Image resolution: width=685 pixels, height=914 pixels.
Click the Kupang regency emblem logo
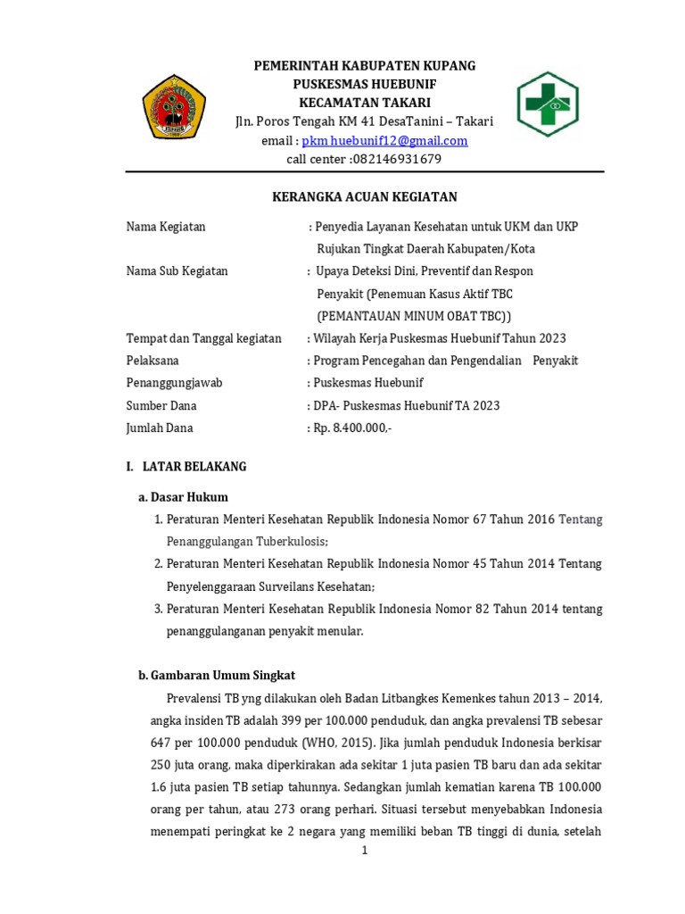(175, 106)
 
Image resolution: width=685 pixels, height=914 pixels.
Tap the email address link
(384, 141)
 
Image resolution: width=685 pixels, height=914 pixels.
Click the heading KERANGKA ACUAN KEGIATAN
(364, 197)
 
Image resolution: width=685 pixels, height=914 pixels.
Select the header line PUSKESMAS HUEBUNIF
(365, 84)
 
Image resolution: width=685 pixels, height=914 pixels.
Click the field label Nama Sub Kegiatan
(177, 271)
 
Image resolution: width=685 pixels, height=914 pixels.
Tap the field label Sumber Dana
(161, 406)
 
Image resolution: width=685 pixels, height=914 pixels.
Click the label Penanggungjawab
(174, 383)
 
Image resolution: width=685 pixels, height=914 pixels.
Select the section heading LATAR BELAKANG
(194, 467)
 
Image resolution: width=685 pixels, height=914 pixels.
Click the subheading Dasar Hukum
(189, 497)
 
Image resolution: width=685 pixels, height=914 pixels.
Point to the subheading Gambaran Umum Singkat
(223, 676)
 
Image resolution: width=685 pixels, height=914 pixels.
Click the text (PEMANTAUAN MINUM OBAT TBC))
(415, 316)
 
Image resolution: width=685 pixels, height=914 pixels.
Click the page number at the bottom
(364, 851)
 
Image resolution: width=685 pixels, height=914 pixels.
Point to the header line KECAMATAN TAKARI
(365, 103)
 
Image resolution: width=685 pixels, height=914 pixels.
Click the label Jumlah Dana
(160, 428)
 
